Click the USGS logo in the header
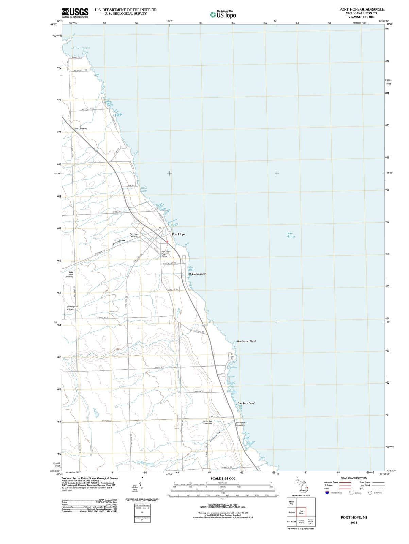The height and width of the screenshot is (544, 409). [x=75, y=13]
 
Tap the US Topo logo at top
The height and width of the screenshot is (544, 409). [x=223, y=15]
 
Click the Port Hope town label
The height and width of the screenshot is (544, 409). [x=178, y=234]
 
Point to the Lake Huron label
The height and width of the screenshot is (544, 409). [x=290, y=235]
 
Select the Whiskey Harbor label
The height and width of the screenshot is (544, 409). [x=81, y=48]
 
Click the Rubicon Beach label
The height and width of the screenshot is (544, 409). [x=198, y=274]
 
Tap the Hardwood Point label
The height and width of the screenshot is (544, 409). [x=246, y=341]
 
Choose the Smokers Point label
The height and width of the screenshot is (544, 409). [x=246, y=403]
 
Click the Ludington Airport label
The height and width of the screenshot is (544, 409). [x=72, y=308]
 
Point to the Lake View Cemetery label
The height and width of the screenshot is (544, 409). [x=69, y=274]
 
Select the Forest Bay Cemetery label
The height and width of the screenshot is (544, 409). [x=207, y=422]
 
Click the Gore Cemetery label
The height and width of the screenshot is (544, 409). [x=81, y=129]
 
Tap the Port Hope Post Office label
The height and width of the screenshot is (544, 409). [x=166, y=254]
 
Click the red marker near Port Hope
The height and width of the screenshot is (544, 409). [x=167, y=241]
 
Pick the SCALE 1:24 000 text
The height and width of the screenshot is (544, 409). [x=223, y=478]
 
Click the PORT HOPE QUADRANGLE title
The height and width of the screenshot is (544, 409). [x=362, y=10]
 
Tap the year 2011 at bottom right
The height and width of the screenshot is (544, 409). [x=354, y=523]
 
